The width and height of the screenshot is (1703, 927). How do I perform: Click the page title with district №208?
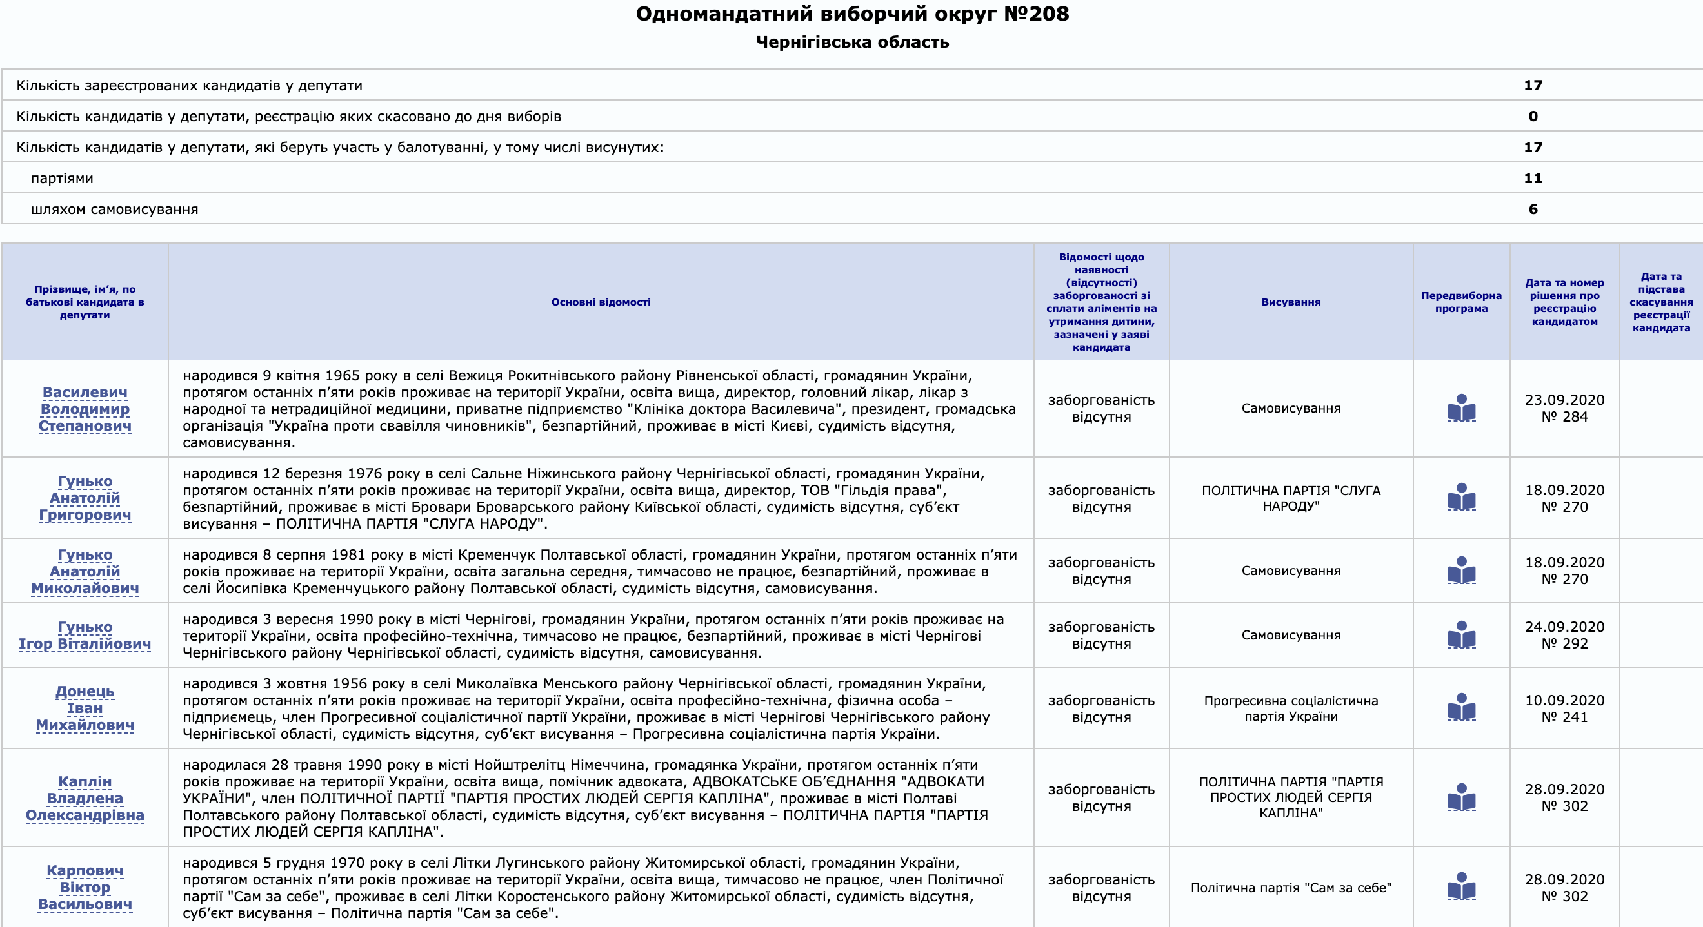851,14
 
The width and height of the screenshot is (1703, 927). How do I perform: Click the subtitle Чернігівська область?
851,43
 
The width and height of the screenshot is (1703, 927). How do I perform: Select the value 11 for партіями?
1533,179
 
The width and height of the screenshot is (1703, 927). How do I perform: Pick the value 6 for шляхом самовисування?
1533,210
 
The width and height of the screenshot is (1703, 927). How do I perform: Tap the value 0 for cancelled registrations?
1533,116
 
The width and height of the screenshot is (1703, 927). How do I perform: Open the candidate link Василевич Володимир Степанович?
85,409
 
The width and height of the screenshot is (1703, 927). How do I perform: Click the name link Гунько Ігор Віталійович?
85,635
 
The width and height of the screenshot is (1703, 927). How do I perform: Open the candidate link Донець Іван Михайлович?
85,708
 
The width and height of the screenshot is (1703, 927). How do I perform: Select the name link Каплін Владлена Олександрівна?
85,798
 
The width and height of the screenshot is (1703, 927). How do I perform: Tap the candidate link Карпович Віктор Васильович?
85,888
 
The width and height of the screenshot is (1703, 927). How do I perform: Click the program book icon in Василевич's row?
1461,407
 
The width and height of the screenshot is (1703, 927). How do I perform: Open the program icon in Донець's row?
1461,707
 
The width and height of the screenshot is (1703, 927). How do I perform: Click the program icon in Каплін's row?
1461,797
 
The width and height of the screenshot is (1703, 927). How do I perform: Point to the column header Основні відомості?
601,302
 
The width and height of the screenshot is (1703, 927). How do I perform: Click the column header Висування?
1290,302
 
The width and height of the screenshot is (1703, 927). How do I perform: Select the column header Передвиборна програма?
1461,302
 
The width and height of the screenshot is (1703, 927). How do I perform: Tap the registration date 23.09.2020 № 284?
1564,408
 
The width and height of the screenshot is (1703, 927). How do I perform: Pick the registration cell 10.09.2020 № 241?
1564,708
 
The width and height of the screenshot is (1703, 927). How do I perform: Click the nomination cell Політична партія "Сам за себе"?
1290,888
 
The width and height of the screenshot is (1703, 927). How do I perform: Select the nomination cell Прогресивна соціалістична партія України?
1290,708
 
